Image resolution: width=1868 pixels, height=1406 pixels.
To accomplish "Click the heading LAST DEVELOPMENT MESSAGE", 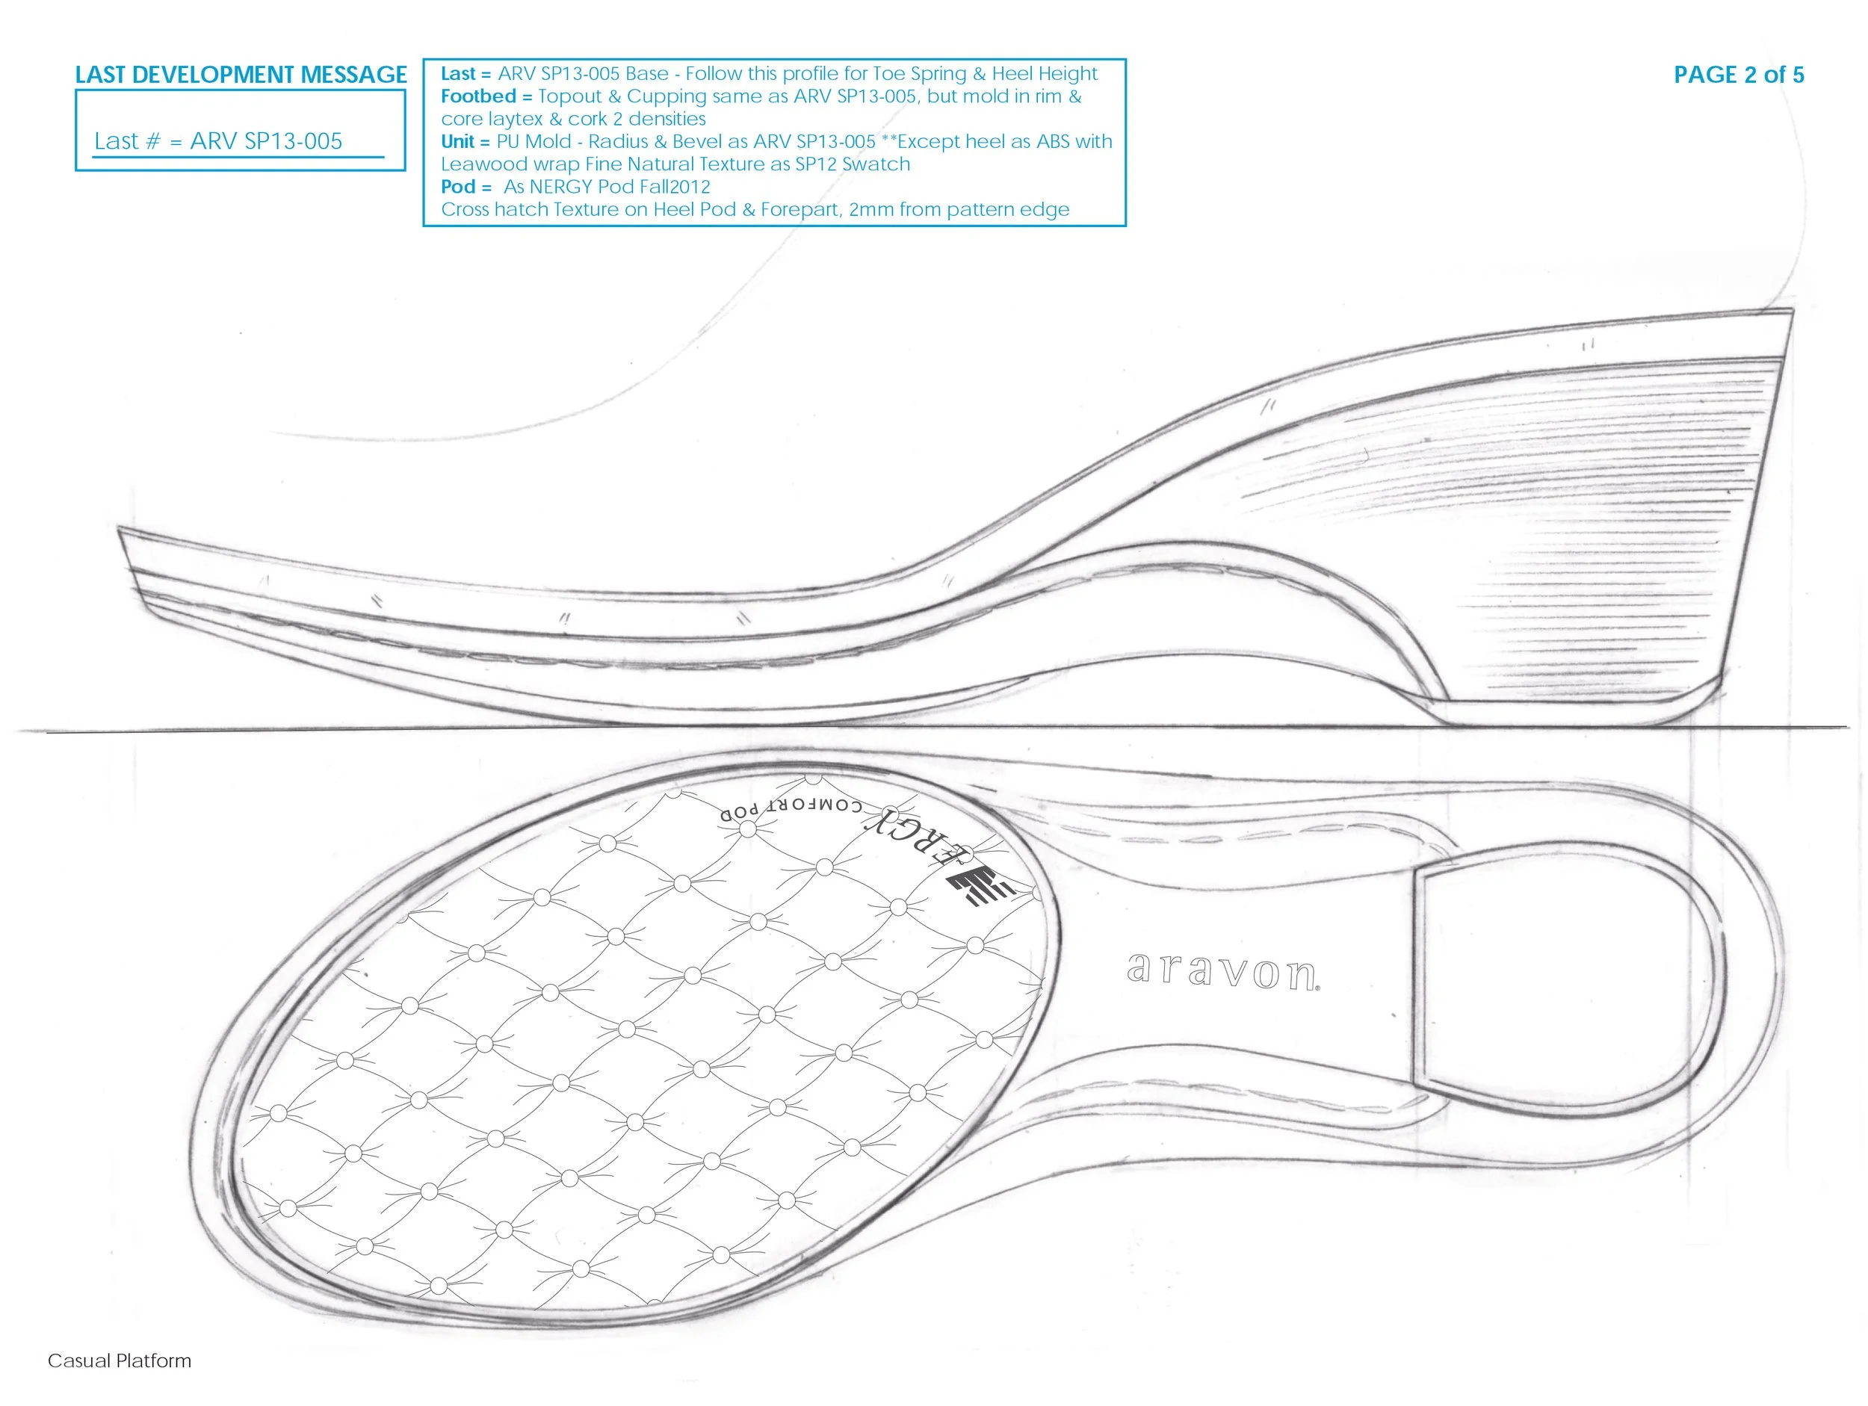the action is tap(241, 74).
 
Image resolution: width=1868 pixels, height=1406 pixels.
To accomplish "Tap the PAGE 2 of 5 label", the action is tap(1738, 74).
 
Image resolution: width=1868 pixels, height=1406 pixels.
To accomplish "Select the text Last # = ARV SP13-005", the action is tap(218, 141).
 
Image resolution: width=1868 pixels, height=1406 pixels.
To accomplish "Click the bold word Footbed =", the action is tap(486, 96).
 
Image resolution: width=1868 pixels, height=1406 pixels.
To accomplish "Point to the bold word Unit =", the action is tap(465, 142).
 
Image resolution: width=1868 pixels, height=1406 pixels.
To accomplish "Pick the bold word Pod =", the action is tap(466, 187).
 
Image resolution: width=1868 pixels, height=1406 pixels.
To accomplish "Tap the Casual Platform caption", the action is tap(119, 1360).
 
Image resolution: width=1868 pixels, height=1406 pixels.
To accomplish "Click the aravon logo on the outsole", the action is tap(1222, 971).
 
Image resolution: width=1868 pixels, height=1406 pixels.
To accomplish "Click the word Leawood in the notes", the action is tap(484, 164).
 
